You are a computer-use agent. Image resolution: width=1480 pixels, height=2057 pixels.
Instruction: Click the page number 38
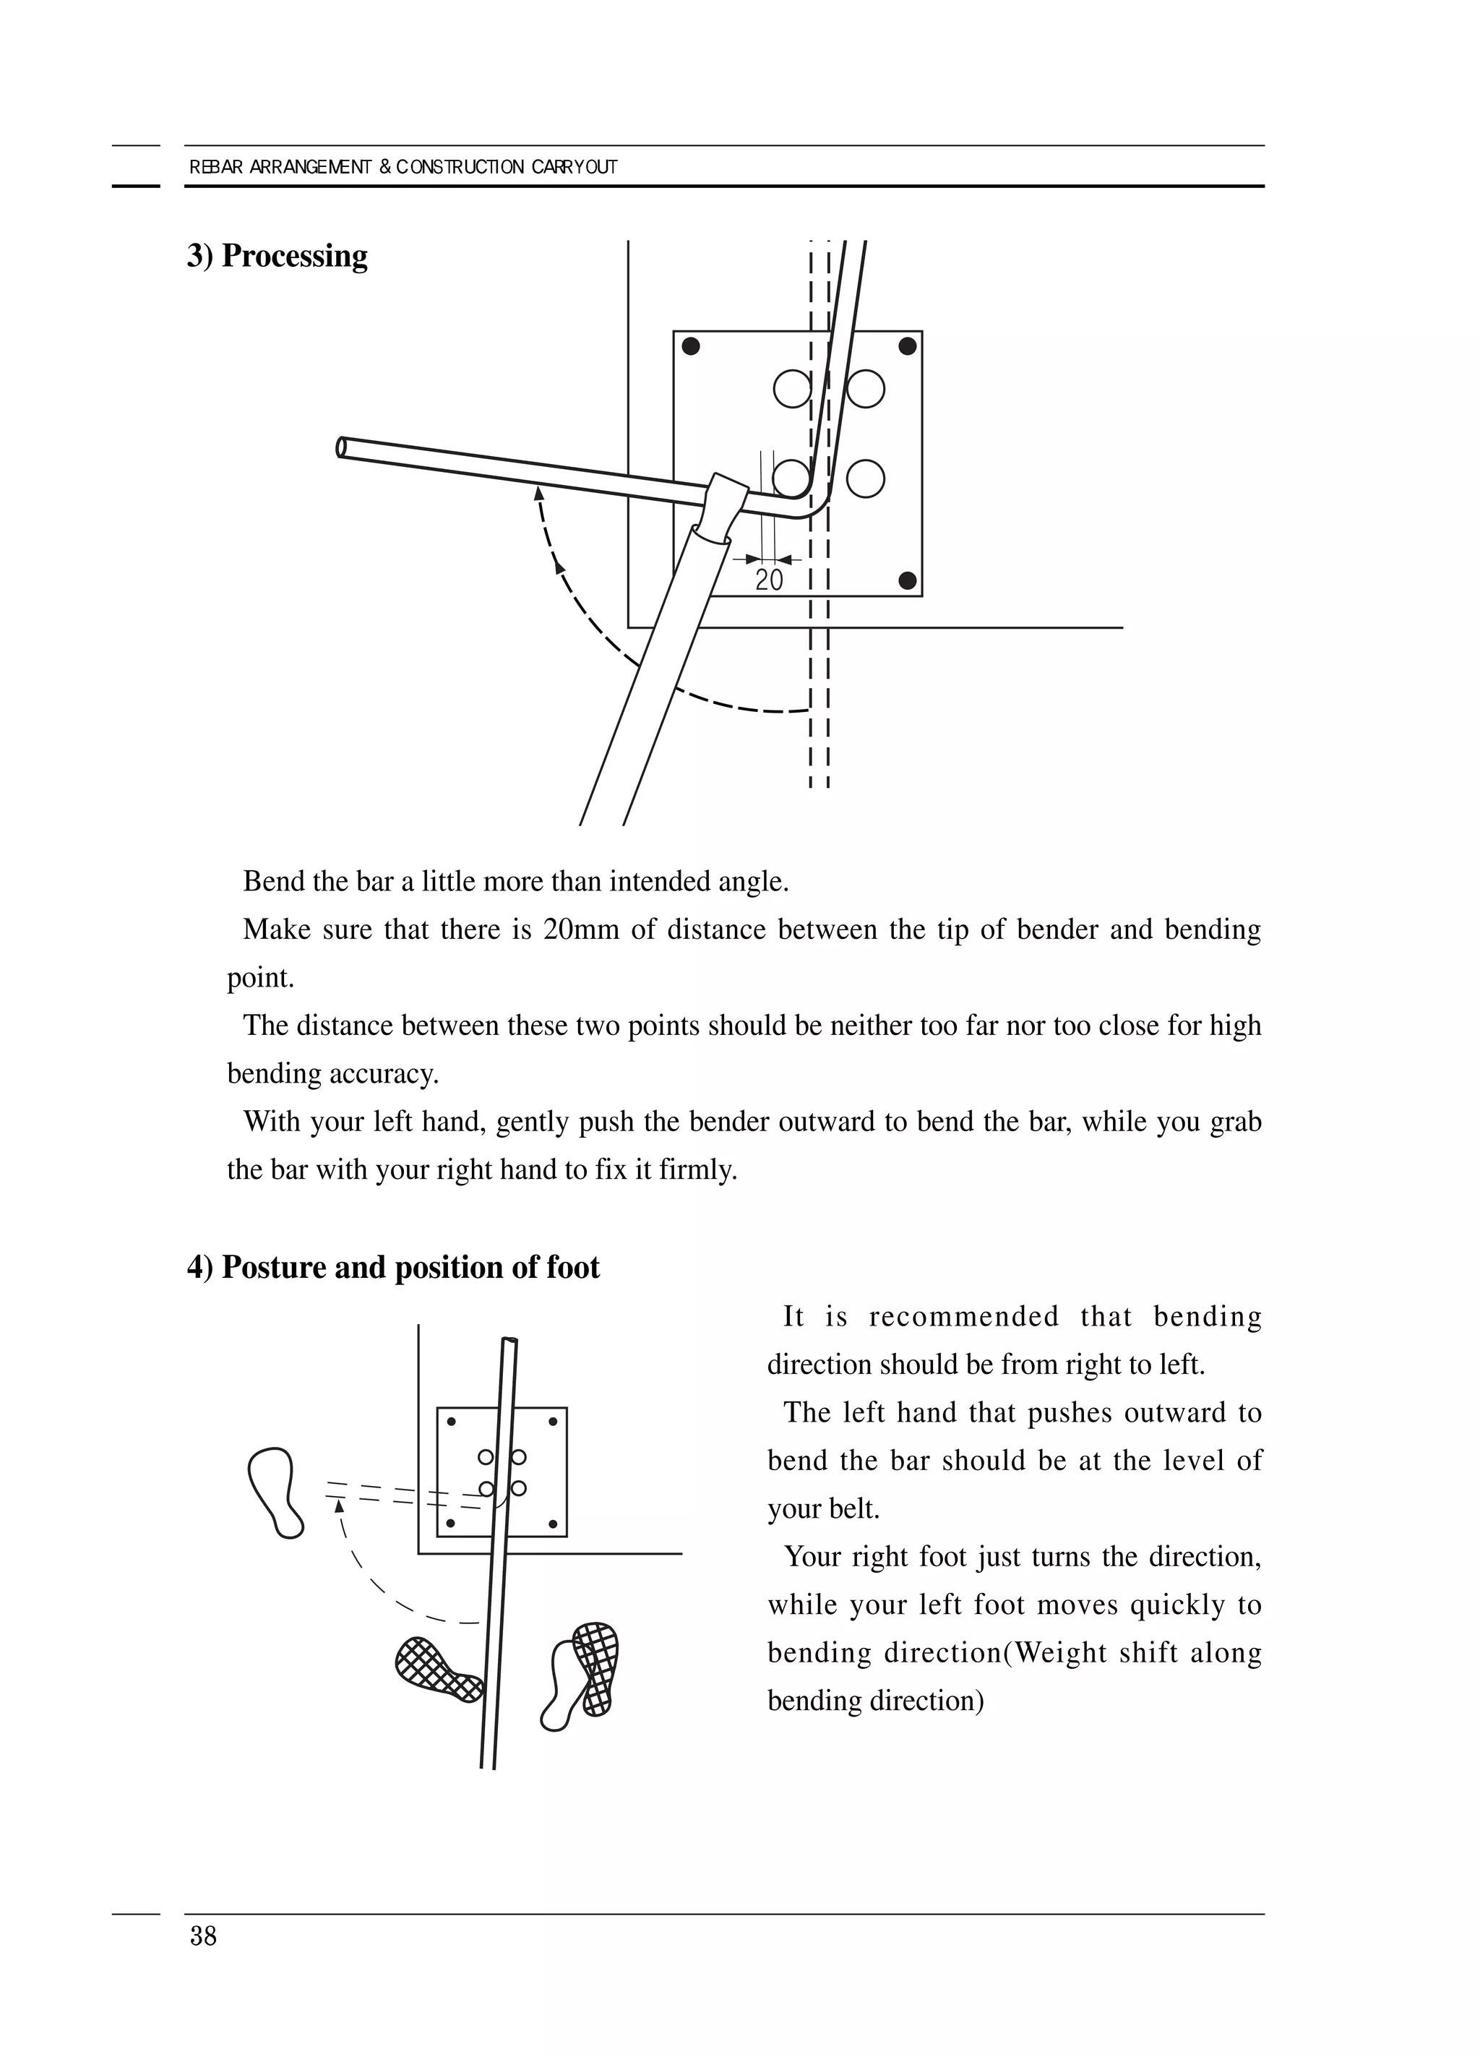pyautogui.click(x=203, y=1936)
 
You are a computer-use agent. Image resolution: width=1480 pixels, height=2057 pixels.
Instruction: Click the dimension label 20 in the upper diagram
pyautogui.click(x=768, y=580)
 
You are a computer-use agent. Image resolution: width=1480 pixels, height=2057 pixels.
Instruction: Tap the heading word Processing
pyautogui.click(x=295, y=256)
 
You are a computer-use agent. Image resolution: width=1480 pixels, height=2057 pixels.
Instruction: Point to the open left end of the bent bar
pyautogui.click(x=342, y=447)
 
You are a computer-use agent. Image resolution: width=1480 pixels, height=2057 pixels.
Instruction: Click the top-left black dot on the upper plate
pyautogui.click(x=691, y=345)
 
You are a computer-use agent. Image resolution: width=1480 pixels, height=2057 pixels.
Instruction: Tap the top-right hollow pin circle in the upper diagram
pyautogui.click(x=866, y=389)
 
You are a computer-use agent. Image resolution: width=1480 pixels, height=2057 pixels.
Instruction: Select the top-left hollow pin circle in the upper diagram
pyautogui.click(x=792, y=389)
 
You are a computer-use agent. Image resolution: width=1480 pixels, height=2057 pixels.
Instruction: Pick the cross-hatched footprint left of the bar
pyautogui.click(x=439, y=1669)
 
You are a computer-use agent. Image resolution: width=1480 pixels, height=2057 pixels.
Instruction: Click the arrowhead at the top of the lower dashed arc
pyautogui.click(x=338, y=1506)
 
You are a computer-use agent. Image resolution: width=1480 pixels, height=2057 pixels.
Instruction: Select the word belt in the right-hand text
pyautogui.click(x=853, y=1508)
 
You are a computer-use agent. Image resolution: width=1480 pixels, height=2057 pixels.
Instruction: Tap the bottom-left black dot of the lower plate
pyautogui.click(x=451, y=1524)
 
